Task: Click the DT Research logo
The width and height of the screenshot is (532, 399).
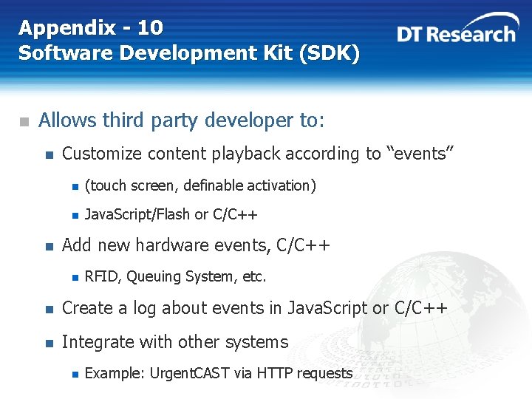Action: [456, 33]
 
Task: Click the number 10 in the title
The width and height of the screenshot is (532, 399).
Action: [150, 28]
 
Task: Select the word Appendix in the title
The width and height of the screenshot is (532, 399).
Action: [67, 28]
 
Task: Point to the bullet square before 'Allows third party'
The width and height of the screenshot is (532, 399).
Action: [24, 121]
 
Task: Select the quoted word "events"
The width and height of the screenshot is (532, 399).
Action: [420, 154]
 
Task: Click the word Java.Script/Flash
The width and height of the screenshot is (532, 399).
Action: [137, 215]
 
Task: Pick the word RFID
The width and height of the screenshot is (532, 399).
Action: [101, 276]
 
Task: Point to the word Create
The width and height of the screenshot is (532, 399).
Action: [84, 308]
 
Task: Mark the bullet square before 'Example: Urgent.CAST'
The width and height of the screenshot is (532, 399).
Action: [74, 374]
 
